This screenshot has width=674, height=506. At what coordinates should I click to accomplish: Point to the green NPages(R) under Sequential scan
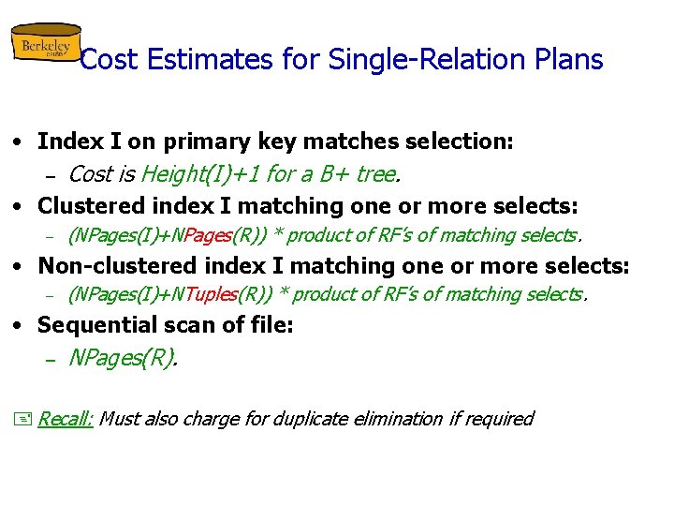click(x=122, y=357)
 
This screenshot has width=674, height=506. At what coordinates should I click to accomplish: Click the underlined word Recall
click(x=65, y=419)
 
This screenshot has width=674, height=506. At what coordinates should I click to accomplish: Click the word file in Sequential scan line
click(x=271, y=325)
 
